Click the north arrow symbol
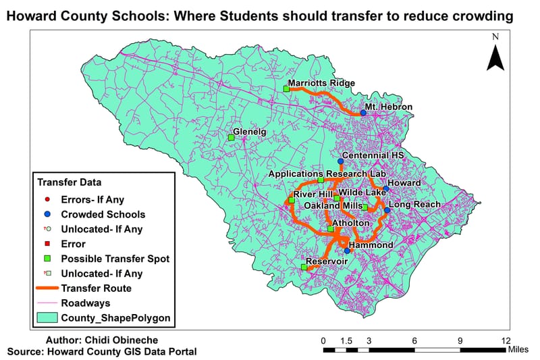tap(496, 57)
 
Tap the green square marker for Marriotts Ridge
tap(286, 88)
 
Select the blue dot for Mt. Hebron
tap(363, 113)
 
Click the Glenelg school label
tap(250, 132)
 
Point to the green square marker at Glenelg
tap(231, 138)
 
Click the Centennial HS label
tap(373, 155)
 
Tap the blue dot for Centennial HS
tap(340, 161)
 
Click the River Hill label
tap(308, 194)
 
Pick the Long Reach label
tap(414, 204)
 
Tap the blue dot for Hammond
tap(347, 251)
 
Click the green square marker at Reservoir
tap(304, 267)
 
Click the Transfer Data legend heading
tap(70, 182)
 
